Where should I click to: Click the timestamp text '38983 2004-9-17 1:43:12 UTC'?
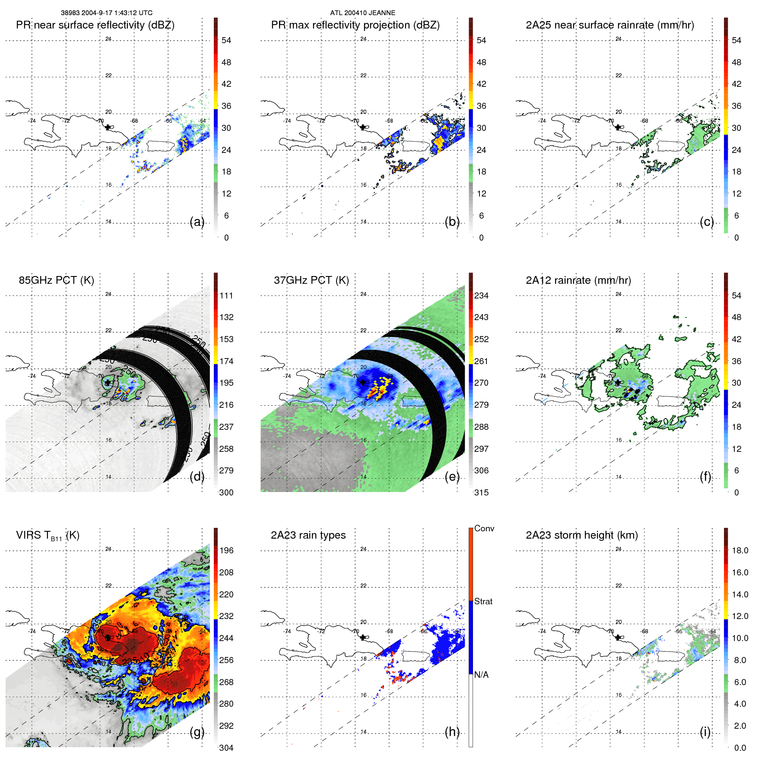(x=106, y=13)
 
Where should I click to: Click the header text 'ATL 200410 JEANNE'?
(x=362, y=13)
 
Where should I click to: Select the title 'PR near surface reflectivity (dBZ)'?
(x=95, y=25)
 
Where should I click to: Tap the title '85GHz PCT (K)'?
(x=56, y=280)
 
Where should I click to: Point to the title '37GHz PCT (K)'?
(x=311, y=280)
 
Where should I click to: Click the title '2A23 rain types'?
(x=308, y=535)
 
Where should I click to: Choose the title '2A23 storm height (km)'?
(x=581, y=535)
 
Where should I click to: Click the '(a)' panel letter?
(x=197, y=222)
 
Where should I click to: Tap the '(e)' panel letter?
(x=452, y=477)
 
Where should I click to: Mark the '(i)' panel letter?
(x=705, y=732)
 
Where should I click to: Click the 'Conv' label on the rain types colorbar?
(x=484, y=528)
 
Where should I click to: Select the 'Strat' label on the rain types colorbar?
(x=483, y=601)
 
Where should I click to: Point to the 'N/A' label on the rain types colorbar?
(x=481, y=675)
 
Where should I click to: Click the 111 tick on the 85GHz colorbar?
(x=226, y=295)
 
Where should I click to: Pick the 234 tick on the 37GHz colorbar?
(x=481, y=295)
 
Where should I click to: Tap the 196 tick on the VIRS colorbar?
(x=226, y=550)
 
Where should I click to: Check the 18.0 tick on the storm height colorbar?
(x=740, y=550)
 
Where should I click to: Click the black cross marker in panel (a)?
(x=108, y=127)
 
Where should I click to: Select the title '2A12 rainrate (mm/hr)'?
(x=578, y=280)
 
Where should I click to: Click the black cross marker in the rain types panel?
(x=363, y=637)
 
